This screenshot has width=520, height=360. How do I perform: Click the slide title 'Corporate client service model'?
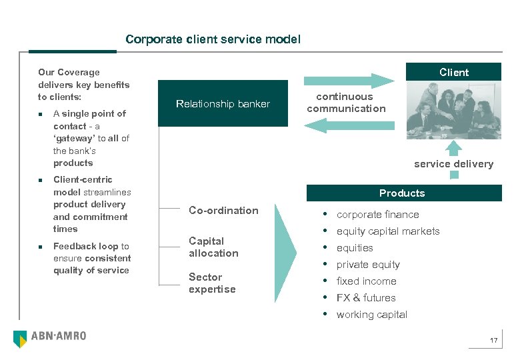click(213, 39)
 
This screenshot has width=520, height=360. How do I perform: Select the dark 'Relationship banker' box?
click(223, 103)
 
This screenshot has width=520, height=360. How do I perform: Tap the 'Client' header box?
click(453, 72)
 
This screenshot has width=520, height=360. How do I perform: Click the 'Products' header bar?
click(402, 193)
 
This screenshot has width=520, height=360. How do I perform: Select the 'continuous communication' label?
click(346, 103)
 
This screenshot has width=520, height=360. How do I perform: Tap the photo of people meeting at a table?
click(453, 109)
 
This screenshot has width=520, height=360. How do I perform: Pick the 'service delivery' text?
click(453, 164)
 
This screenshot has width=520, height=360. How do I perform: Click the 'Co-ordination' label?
click(223, 211)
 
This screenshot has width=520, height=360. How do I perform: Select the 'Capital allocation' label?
click(213, 247)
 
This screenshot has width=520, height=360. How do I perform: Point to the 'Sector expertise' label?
click(212, 283)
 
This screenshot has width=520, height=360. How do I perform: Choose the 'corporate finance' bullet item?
click(377, 215)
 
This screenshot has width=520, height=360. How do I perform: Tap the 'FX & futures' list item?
click(366, 298)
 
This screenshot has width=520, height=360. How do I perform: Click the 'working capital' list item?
click(371, 315)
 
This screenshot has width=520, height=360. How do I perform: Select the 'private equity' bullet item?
click(368, 265)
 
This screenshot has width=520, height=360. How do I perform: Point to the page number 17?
click(493, 341)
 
